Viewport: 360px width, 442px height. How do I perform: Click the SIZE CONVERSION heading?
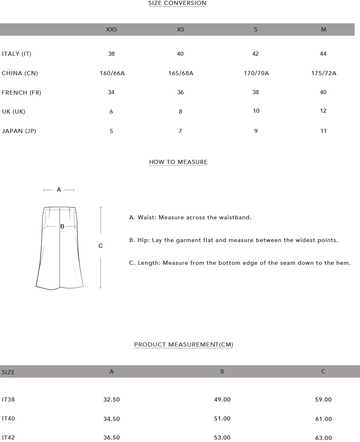point(177,3)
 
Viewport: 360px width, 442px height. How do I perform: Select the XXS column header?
point(111,29)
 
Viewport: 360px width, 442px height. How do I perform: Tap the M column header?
point(324,29)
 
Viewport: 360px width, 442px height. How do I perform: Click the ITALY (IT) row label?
point(17,54)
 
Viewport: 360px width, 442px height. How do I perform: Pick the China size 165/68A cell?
point(180,73)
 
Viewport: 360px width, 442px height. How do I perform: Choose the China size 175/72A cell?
point(324,73)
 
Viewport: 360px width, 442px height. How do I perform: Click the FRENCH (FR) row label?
point(21,93)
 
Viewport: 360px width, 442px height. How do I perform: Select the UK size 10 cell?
point(256,111)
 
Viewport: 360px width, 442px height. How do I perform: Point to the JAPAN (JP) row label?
point(19,131)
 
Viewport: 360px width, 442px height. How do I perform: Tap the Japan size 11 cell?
point(324,131)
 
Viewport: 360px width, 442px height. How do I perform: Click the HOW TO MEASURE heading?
point(178,162)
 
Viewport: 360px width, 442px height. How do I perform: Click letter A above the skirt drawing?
point(59,190)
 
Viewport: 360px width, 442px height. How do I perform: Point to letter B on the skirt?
point(62,226)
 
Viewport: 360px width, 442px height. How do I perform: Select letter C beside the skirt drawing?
point(100,246)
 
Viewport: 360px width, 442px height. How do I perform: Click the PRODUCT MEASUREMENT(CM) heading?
point(183,345)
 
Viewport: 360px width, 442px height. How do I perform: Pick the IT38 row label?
point(8,399)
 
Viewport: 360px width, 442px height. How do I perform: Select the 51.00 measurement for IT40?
point(222,418)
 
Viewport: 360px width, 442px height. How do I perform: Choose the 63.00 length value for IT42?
point(323,437)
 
